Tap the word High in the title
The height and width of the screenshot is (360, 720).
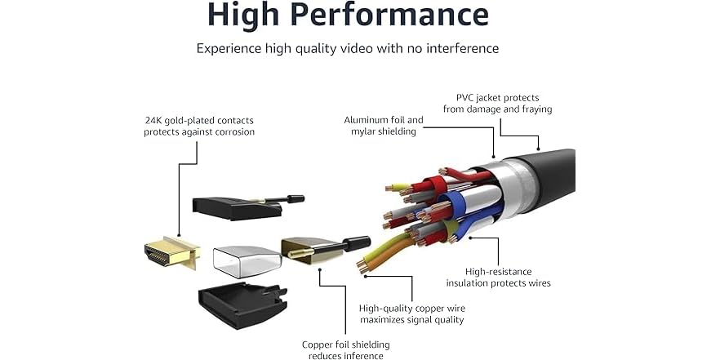tap(242, 15)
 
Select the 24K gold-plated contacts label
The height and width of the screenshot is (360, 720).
tap(199, 127)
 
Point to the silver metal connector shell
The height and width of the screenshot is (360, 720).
tap(247, 262)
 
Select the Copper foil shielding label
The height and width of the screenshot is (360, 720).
tap(346, 350)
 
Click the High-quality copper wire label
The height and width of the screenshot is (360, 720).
tap(412, 314)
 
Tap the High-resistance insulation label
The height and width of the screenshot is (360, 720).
tap(498, 278)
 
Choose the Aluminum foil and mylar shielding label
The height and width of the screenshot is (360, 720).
tap(384, 126)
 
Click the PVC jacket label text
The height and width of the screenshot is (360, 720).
tap(497, 104)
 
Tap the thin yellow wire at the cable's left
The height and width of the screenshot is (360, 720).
tap(398, 188)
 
